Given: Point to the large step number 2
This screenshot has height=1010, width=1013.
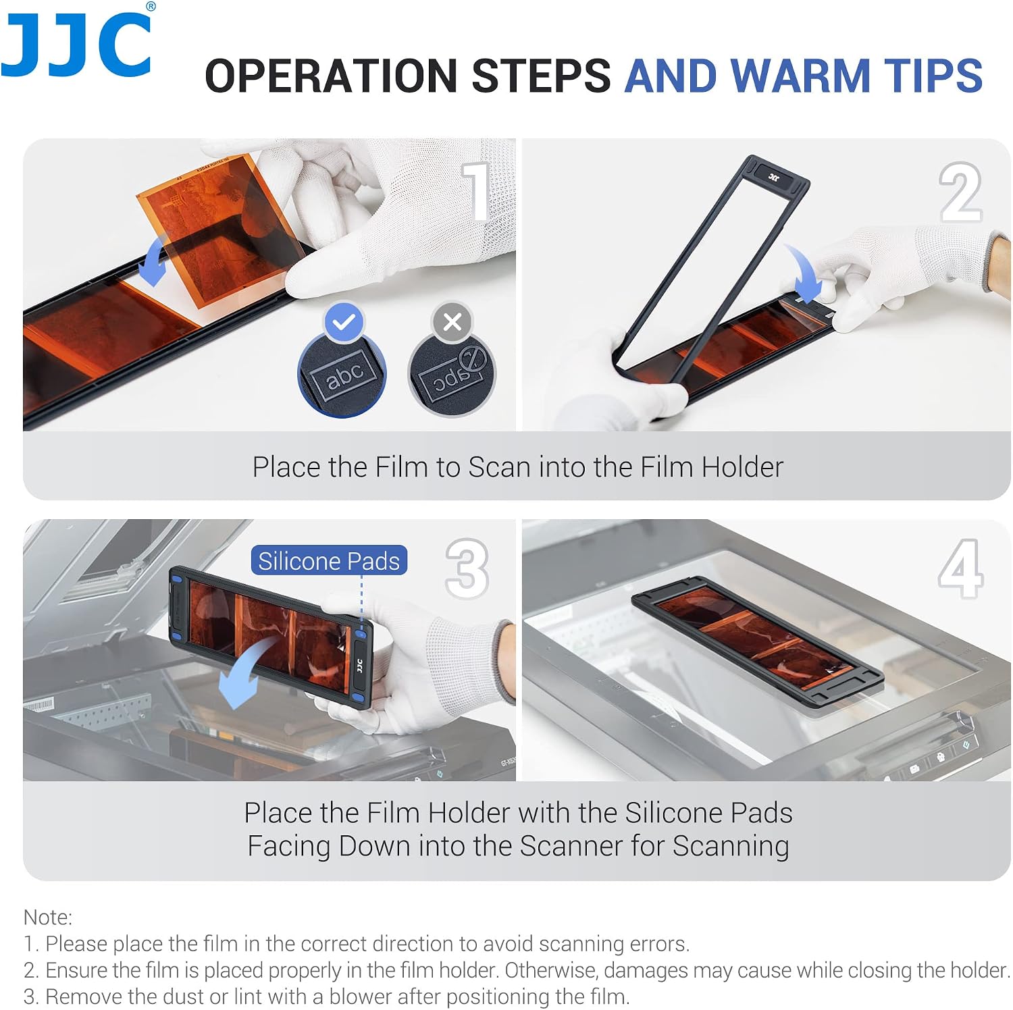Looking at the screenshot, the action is [960, 192].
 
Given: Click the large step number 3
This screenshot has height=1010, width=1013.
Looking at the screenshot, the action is [467, 568].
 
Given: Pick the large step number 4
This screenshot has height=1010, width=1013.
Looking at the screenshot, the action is [960, 568].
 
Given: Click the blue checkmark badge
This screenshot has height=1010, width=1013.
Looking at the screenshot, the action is [344, 322].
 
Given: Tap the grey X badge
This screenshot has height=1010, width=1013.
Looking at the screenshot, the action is [452, 322].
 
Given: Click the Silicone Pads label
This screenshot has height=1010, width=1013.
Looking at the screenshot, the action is [329, 560].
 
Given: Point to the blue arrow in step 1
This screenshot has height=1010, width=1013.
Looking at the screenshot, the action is [153, 263].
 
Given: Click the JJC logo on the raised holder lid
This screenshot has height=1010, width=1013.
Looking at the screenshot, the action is [774, 178].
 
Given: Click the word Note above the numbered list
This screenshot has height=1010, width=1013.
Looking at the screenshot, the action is [47, 917].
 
